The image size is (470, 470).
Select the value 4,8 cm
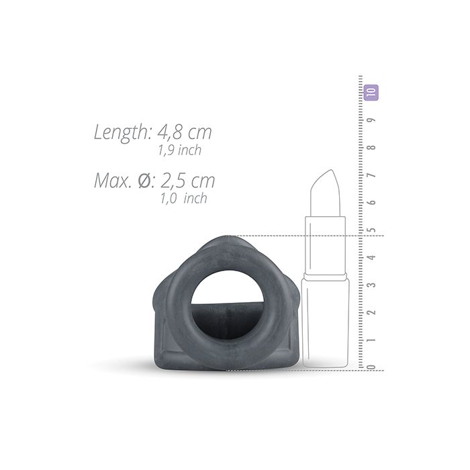185,132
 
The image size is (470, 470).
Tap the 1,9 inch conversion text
180,150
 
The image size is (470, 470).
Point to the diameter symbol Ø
146,181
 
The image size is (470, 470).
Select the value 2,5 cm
187,181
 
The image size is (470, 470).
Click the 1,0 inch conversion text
184,199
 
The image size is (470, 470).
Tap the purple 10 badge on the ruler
371,93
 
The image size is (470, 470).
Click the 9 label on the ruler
372,120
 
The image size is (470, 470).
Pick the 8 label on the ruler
372,148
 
